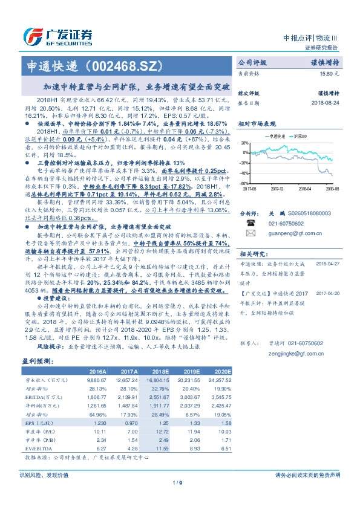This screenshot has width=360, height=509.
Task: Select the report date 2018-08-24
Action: point(327,103)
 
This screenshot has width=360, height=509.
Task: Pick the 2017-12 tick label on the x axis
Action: point(277,189)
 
